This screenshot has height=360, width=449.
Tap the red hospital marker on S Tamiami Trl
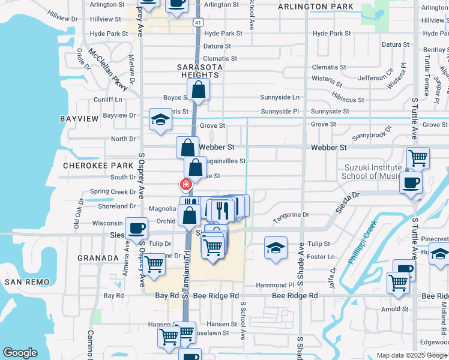187,184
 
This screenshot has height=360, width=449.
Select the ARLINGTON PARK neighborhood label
316,7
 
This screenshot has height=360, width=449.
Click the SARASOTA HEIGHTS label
199,71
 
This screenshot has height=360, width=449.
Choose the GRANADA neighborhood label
98,257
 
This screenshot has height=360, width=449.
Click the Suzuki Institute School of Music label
372,172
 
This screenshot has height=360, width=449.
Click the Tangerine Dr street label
291,214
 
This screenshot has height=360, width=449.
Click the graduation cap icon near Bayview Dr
161,119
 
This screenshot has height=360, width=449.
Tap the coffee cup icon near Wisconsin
136,228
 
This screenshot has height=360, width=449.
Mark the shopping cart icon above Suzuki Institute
418,158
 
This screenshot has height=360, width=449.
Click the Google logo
20,353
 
